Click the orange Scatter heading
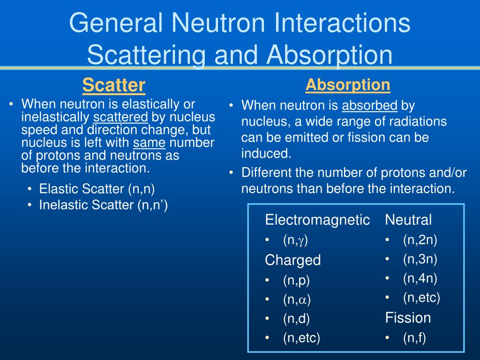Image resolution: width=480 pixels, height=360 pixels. coord(113,85)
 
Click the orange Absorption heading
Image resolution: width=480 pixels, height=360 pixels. coord(348,85)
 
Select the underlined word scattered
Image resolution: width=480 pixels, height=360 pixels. coord(121,117)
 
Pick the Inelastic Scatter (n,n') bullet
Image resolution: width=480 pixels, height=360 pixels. coord(104,205)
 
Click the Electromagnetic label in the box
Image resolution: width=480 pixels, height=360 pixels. coord(317,220)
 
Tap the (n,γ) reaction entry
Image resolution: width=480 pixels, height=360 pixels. coord(295,240)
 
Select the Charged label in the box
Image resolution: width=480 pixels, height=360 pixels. coord(292,260)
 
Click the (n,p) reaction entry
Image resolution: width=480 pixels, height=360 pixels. coord(296,280)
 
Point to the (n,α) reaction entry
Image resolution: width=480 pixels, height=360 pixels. coord(297,299)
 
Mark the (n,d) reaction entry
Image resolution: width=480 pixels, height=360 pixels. coord(296,318)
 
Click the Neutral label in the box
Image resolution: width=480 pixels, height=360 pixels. coord(408,220)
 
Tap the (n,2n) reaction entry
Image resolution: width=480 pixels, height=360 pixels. coord(420,240)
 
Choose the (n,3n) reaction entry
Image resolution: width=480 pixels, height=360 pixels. coord(420,259)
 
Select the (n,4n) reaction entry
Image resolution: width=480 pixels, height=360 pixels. coord(420,278)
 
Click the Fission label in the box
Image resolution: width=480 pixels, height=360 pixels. coord(408,318)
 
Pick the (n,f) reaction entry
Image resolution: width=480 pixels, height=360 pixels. coord(414,337)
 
